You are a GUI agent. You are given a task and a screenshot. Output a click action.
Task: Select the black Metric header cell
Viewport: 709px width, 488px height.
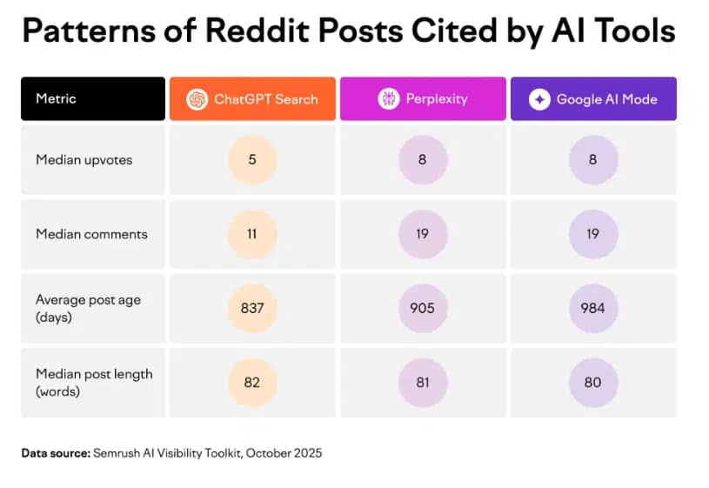[92, 98]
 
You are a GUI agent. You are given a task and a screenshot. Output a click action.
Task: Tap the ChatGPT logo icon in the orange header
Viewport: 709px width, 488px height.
[197, 99]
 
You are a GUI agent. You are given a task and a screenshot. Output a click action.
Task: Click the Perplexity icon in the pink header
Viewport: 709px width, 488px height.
[388, 99]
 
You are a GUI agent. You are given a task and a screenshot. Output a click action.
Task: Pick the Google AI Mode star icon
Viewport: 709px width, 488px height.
[539, 99]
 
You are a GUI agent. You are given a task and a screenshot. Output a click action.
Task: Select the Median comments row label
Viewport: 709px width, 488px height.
[91, 234]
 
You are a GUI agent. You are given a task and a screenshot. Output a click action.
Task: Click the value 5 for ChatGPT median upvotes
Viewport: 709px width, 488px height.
[252, 159]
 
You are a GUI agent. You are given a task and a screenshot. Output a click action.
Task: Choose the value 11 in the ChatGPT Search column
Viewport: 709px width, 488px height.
[252, 234]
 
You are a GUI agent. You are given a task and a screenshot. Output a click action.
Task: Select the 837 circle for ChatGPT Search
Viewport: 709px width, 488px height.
[252, 308]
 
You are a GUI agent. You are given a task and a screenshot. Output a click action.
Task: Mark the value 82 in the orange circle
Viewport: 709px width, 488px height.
[252, 382]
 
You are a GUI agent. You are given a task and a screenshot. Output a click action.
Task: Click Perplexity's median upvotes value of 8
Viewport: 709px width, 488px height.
[423, 159]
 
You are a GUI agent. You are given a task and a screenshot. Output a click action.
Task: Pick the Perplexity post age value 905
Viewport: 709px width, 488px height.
[423, 308]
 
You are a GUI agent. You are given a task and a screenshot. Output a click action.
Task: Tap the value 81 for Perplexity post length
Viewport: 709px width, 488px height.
[423, 382]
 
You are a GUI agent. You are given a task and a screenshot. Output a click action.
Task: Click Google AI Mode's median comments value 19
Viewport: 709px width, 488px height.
[593, 234]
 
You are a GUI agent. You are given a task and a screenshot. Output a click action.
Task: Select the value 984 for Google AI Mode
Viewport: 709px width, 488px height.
[593, 308]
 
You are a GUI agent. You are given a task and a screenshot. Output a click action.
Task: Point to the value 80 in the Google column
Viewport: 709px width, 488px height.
[593, 382]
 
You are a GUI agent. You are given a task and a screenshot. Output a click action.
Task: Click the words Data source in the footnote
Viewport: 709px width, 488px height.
[55, 453]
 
